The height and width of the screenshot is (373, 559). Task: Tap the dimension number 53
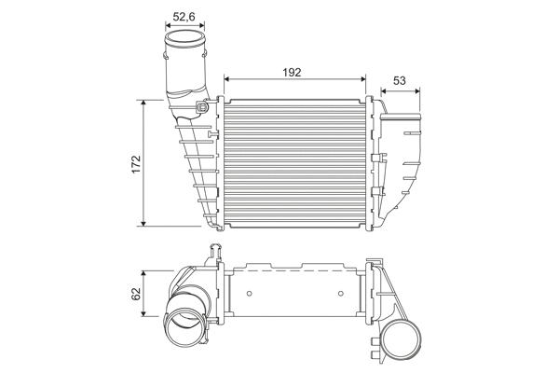tap(398, 81)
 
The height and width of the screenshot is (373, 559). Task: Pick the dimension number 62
tap(136, 294)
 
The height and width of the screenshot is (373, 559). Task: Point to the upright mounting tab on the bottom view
tap(215, 251)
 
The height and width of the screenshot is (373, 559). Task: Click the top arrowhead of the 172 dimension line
tap(143, 101)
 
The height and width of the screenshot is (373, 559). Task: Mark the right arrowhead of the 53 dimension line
tap(417, 90)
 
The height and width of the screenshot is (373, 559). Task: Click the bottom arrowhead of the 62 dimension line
tap(143, 315)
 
